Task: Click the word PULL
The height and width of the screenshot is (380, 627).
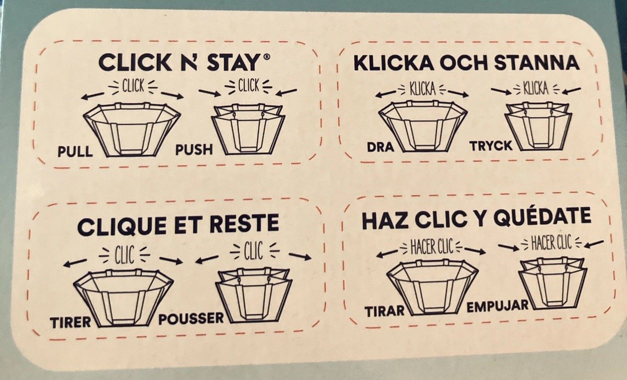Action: [75, 152]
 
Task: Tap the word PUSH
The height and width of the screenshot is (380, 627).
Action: [194, 150]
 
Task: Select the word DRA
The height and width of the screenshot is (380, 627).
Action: [381, 147]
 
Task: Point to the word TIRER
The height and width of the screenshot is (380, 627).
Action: [71, 323]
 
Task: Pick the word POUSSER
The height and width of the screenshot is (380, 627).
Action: [191, 319]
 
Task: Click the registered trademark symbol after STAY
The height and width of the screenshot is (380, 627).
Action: [267, 57]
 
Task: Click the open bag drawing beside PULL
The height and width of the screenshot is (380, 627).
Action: [132, 130]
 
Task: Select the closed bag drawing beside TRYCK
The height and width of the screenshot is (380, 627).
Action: [538, 127]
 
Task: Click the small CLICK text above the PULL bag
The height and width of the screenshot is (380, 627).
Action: [133, 86]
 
